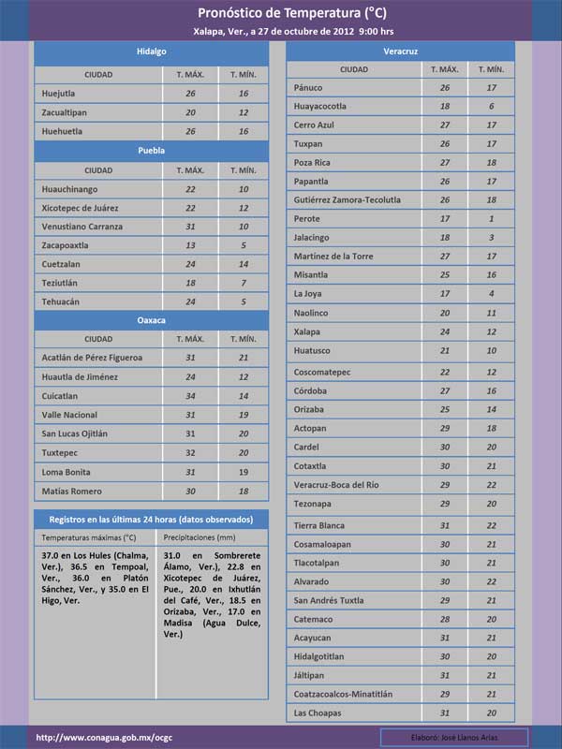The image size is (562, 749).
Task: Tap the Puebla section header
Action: coord(151,151)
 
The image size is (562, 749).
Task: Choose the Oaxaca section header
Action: coord(151,320)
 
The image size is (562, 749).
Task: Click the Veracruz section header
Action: coord(400,51)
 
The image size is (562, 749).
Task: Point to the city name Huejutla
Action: coord(62,94)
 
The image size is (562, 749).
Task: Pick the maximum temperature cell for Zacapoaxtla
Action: coord(190,245)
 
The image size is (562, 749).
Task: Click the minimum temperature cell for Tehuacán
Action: coord(244,301)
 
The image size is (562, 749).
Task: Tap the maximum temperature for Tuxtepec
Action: coord(190,452)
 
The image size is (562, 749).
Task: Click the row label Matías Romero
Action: coord(73,491)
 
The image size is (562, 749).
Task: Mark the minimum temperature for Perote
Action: coord(491,218)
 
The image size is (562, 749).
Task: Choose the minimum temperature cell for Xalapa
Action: coord(491,331)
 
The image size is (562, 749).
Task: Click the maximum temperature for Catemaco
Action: coord(445,618)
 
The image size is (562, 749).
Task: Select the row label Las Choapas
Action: coord(318,712)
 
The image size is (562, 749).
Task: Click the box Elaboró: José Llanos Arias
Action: coord(454,737)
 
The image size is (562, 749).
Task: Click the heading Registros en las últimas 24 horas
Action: coord(151,519)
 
